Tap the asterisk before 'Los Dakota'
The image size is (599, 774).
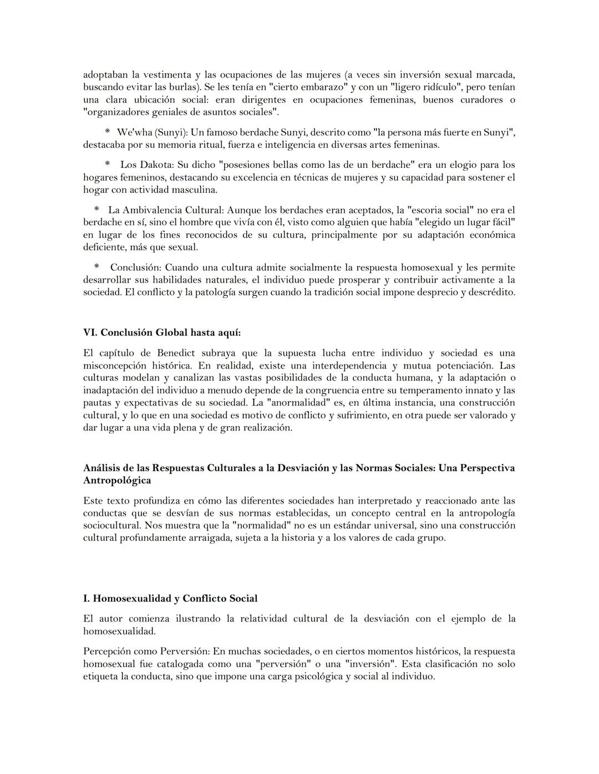coord(108,165)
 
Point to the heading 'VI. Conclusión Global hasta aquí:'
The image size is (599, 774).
coord(162,332)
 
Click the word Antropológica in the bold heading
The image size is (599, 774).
coord(116,480)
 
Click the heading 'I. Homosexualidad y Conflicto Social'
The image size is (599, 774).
coord(170,598)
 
